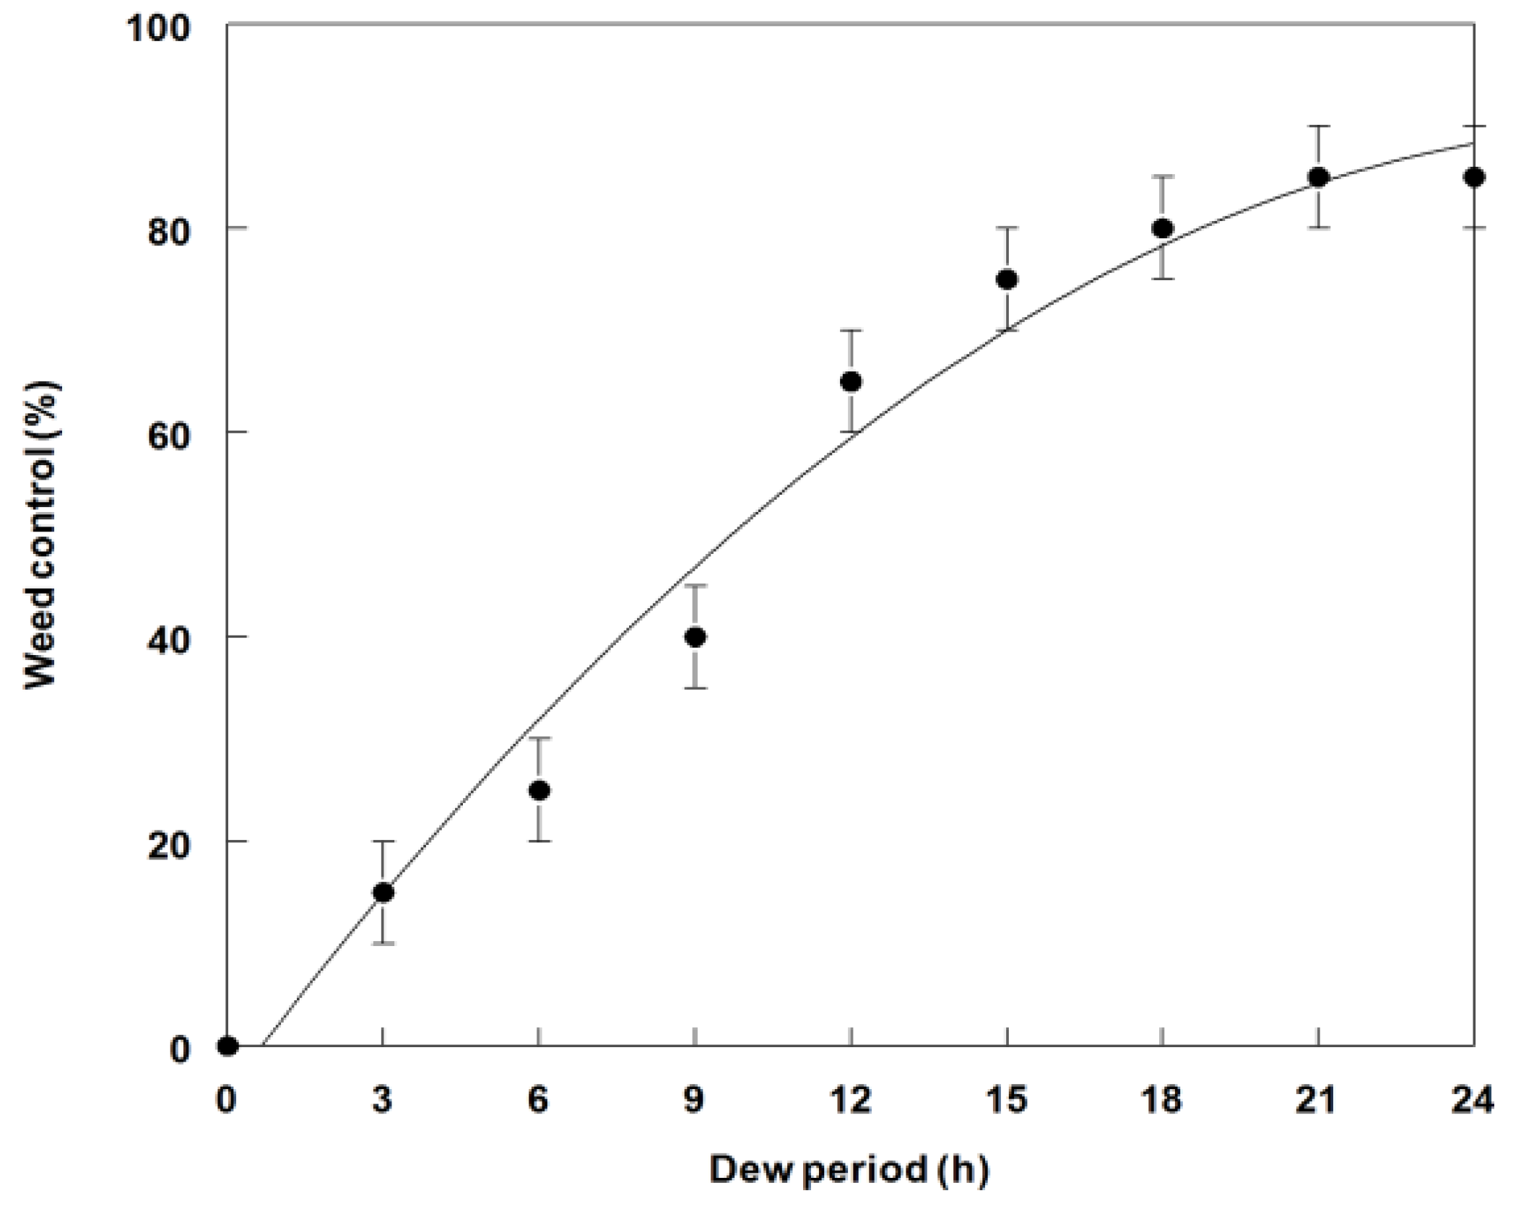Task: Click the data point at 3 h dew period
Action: point(383,893)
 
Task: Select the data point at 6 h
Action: point(539,790)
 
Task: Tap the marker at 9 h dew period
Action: point(695,637)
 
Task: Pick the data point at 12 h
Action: point(851,381)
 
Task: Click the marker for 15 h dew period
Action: point(1007,279)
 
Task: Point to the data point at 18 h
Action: point(1162,228)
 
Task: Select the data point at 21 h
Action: point(1319,177)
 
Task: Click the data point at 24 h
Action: point(1473,177)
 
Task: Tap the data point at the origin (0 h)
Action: point(227,1045)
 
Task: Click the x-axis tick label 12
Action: point(851,1100)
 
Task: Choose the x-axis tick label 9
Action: point(695,1100)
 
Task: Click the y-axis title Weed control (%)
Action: point(42,534)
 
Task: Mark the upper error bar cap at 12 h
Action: point(851,330)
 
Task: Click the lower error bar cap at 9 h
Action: point(695,688)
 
